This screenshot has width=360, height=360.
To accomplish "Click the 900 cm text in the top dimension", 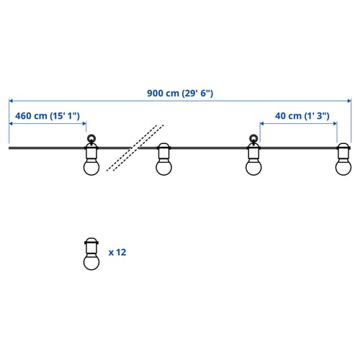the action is pyautogui.click(x=163, y=93).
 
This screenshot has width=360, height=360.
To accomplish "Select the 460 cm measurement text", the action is pyautogui.click(x=31, y=116).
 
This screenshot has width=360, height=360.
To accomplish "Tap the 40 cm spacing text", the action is pyautogui.click(x=288, y=116).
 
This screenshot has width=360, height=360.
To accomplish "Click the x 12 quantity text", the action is pyautogui.click(x=117, y=253).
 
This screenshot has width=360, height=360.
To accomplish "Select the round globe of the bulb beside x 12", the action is pyautogui.click(x=91, y=262).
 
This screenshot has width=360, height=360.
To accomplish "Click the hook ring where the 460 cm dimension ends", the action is pyautogui.click(x=91, y=138).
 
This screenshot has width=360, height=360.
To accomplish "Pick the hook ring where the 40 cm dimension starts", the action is pyautogui.click(x=253, y=138).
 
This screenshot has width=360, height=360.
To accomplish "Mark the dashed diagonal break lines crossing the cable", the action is pyautogui.click(x=135, y=148).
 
